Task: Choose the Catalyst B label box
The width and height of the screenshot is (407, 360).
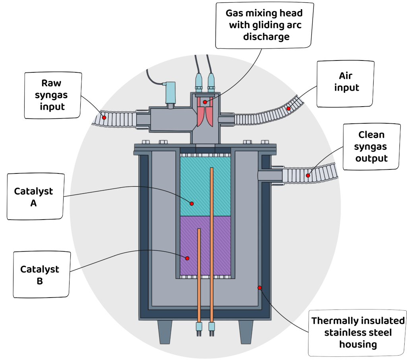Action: pyautogui.click(x=40, y=275)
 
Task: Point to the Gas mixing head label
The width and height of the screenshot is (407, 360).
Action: pyautogui.click(x=264, y=25)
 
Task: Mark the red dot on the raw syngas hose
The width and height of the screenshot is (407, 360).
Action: pyautogui.click(x=104, y=117)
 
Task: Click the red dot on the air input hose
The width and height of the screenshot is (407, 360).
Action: pyautogui.click(x=289, y=108)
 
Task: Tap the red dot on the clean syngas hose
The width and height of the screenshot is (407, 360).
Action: pyautogui.click(x=308, y=175)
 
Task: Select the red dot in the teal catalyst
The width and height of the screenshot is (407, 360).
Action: pyautogui.click(x=192, y=203)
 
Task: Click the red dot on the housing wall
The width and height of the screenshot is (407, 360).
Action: pyautogui.click(x=260, y=287)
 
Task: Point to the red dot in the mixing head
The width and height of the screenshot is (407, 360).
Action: pyautogui.click(x=205, y=102)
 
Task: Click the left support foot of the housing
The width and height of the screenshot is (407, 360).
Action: pyautogui.click(x=165, y=331)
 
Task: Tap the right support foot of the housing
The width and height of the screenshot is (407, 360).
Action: pyautogui.click(x=246, y=331)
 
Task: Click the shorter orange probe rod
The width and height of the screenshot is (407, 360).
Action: pyautogui.click(x=199, y=274)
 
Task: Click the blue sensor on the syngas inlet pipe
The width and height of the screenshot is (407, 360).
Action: pyautogui.click(x=171, y=92)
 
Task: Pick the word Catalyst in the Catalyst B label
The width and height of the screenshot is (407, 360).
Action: pyautogui.click(x=40, y=269)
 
